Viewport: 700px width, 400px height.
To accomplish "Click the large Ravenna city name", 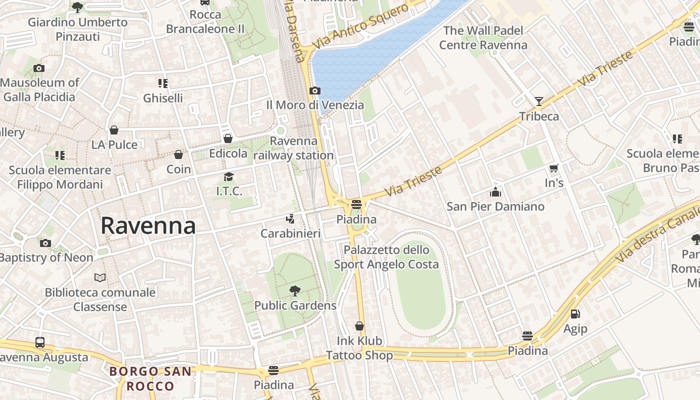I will pyautogui.click(x=148, y=226).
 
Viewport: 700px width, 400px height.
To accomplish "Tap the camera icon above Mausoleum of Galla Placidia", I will pyautogui.click(x=39, y=68).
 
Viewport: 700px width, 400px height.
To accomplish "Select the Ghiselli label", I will pyautogui.click(x=163, y=98).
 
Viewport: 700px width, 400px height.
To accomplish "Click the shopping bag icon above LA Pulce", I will pyautogui.click(x=114, y=130).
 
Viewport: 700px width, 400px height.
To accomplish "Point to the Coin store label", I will pyautogui.click(x=178, y=169).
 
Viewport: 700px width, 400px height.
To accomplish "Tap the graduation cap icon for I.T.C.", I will pyautogui.click(x=228, y=176).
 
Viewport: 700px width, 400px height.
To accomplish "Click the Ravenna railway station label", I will pyautogui.click(x=294, y=148).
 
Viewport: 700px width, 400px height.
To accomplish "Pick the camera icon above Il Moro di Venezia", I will pyautogui.click(x=314, y=91).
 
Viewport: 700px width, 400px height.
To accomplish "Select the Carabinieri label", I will pyautogui.click(x=290, y=233).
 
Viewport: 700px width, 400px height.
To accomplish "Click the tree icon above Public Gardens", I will pyautogui.click(x=295, y=290).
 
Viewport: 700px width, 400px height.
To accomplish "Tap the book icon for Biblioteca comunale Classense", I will pyautogui.click(x=100, y=277).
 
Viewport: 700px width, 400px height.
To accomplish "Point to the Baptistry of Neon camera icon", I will pyautogui.click(x=45, y=243).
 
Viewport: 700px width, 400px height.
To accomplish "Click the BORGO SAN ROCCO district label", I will pyautogui.click(x=150, y=378).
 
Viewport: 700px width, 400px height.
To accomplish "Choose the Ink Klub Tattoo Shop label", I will pyautogui.click(x=359, y=348).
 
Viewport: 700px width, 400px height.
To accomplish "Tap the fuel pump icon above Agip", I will pyautogui.click(x=575, y=314).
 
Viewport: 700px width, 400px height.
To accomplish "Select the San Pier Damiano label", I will pyautogui.click(x=495, y=206).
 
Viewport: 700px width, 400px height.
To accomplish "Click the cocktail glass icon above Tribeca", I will pyautogui.click(x=538, y=101).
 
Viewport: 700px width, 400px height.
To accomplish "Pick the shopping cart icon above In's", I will pyautogui.click(x=553, y=168).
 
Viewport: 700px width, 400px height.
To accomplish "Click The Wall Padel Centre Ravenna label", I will pyautogui.click(x=483, y=38).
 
